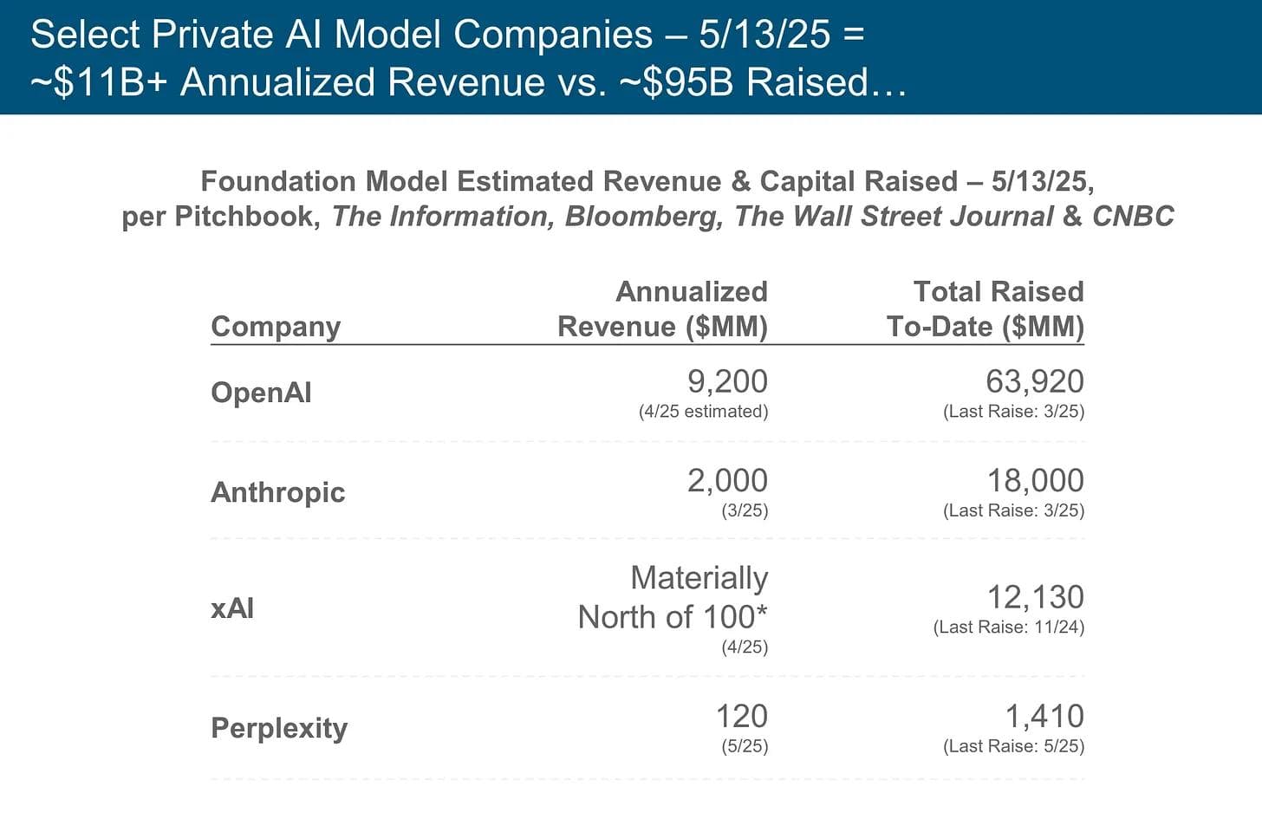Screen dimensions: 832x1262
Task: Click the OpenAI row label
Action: coord(261,393)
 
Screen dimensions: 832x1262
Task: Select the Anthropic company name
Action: coord(277,492)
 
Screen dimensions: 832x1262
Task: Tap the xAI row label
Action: coord(232,608)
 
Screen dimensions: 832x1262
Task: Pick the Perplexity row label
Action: coord(279,728)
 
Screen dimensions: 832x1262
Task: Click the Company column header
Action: coord(276,327)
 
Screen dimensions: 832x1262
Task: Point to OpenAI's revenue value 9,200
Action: coord(727,381)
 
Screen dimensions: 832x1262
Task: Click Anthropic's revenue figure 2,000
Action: coord(727,480)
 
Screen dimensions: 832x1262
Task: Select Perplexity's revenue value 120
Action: coord(741,717)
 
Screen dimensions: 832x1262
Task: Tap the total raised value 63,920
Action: coord(1035,381)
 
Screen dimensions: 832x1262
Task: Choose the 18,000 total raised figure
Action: coord(1035,480)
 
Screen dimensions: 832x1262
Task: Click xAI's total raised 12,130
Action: coord(1035,597)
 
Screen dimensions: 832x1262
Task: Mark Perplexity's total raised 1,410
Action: coord(1044,717)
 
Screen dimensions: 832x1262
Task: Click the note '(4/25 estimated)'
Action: coord(703,412)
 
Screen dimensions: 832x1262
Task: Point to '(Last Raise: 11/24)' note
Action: coord(1008,627)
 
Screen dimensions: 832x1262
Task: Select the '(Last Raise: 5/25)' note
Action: coord(1013,746)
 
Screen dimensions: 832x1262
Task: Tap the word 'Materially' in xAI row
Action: coord(699,578)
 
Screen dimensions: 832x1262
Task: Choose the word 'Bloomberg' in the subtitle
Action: coord(643,217)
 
